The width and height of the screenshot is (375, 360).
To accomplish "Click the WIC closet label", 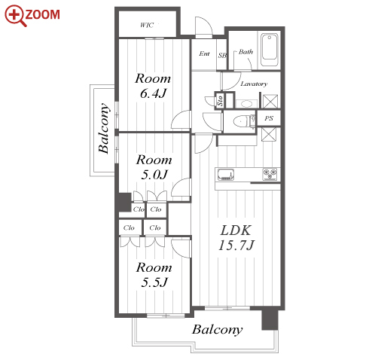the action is [x=147, y=25].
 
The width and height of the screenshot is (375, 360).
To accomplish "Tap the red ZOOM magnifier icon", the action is [x=16, y=16].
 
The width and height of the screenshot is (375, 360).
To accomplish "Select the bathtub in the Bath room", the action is [x=270, y=50].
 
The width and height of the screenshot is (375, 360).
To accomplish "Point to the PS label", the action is [x=269, y=118].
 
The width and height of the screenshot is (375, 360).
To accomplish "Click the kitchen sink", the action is [x=226, y=175].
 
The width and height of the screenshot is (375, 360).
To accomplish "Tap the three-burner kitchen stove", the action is [x=270, y=174].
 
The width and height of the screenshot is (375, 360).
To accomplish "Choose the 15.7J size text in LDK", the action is [x=236, y=246].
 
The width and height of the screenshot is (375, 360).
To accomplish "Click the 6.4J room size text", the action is [x=153, y=93].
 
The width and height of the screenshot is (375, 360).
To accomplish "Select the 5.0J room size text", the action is [x=154, y=175].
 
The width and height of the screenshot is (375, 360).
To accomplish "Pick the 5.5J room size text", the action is [x=154, y=282].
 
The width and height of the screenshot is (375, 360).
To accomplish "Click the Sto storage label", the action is [x=220, y=101].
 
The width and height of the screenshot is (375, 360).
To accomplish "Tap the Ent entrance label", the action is [x=204, y=53].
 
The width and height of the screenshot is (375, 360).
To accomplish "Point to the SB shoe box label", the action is [x=222, y=55].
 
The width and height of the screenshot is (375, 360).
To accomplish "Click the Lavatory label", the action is [x=254, y=84].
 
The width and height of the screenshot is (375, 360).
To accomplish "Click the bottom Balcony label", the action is [x=218, y=330].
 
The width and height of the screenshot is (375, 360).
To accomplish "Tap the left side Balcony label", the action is [x=104, y=128].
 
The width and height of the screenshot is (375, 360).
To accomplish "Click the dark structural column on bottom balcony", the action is [x=270, y=319].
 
